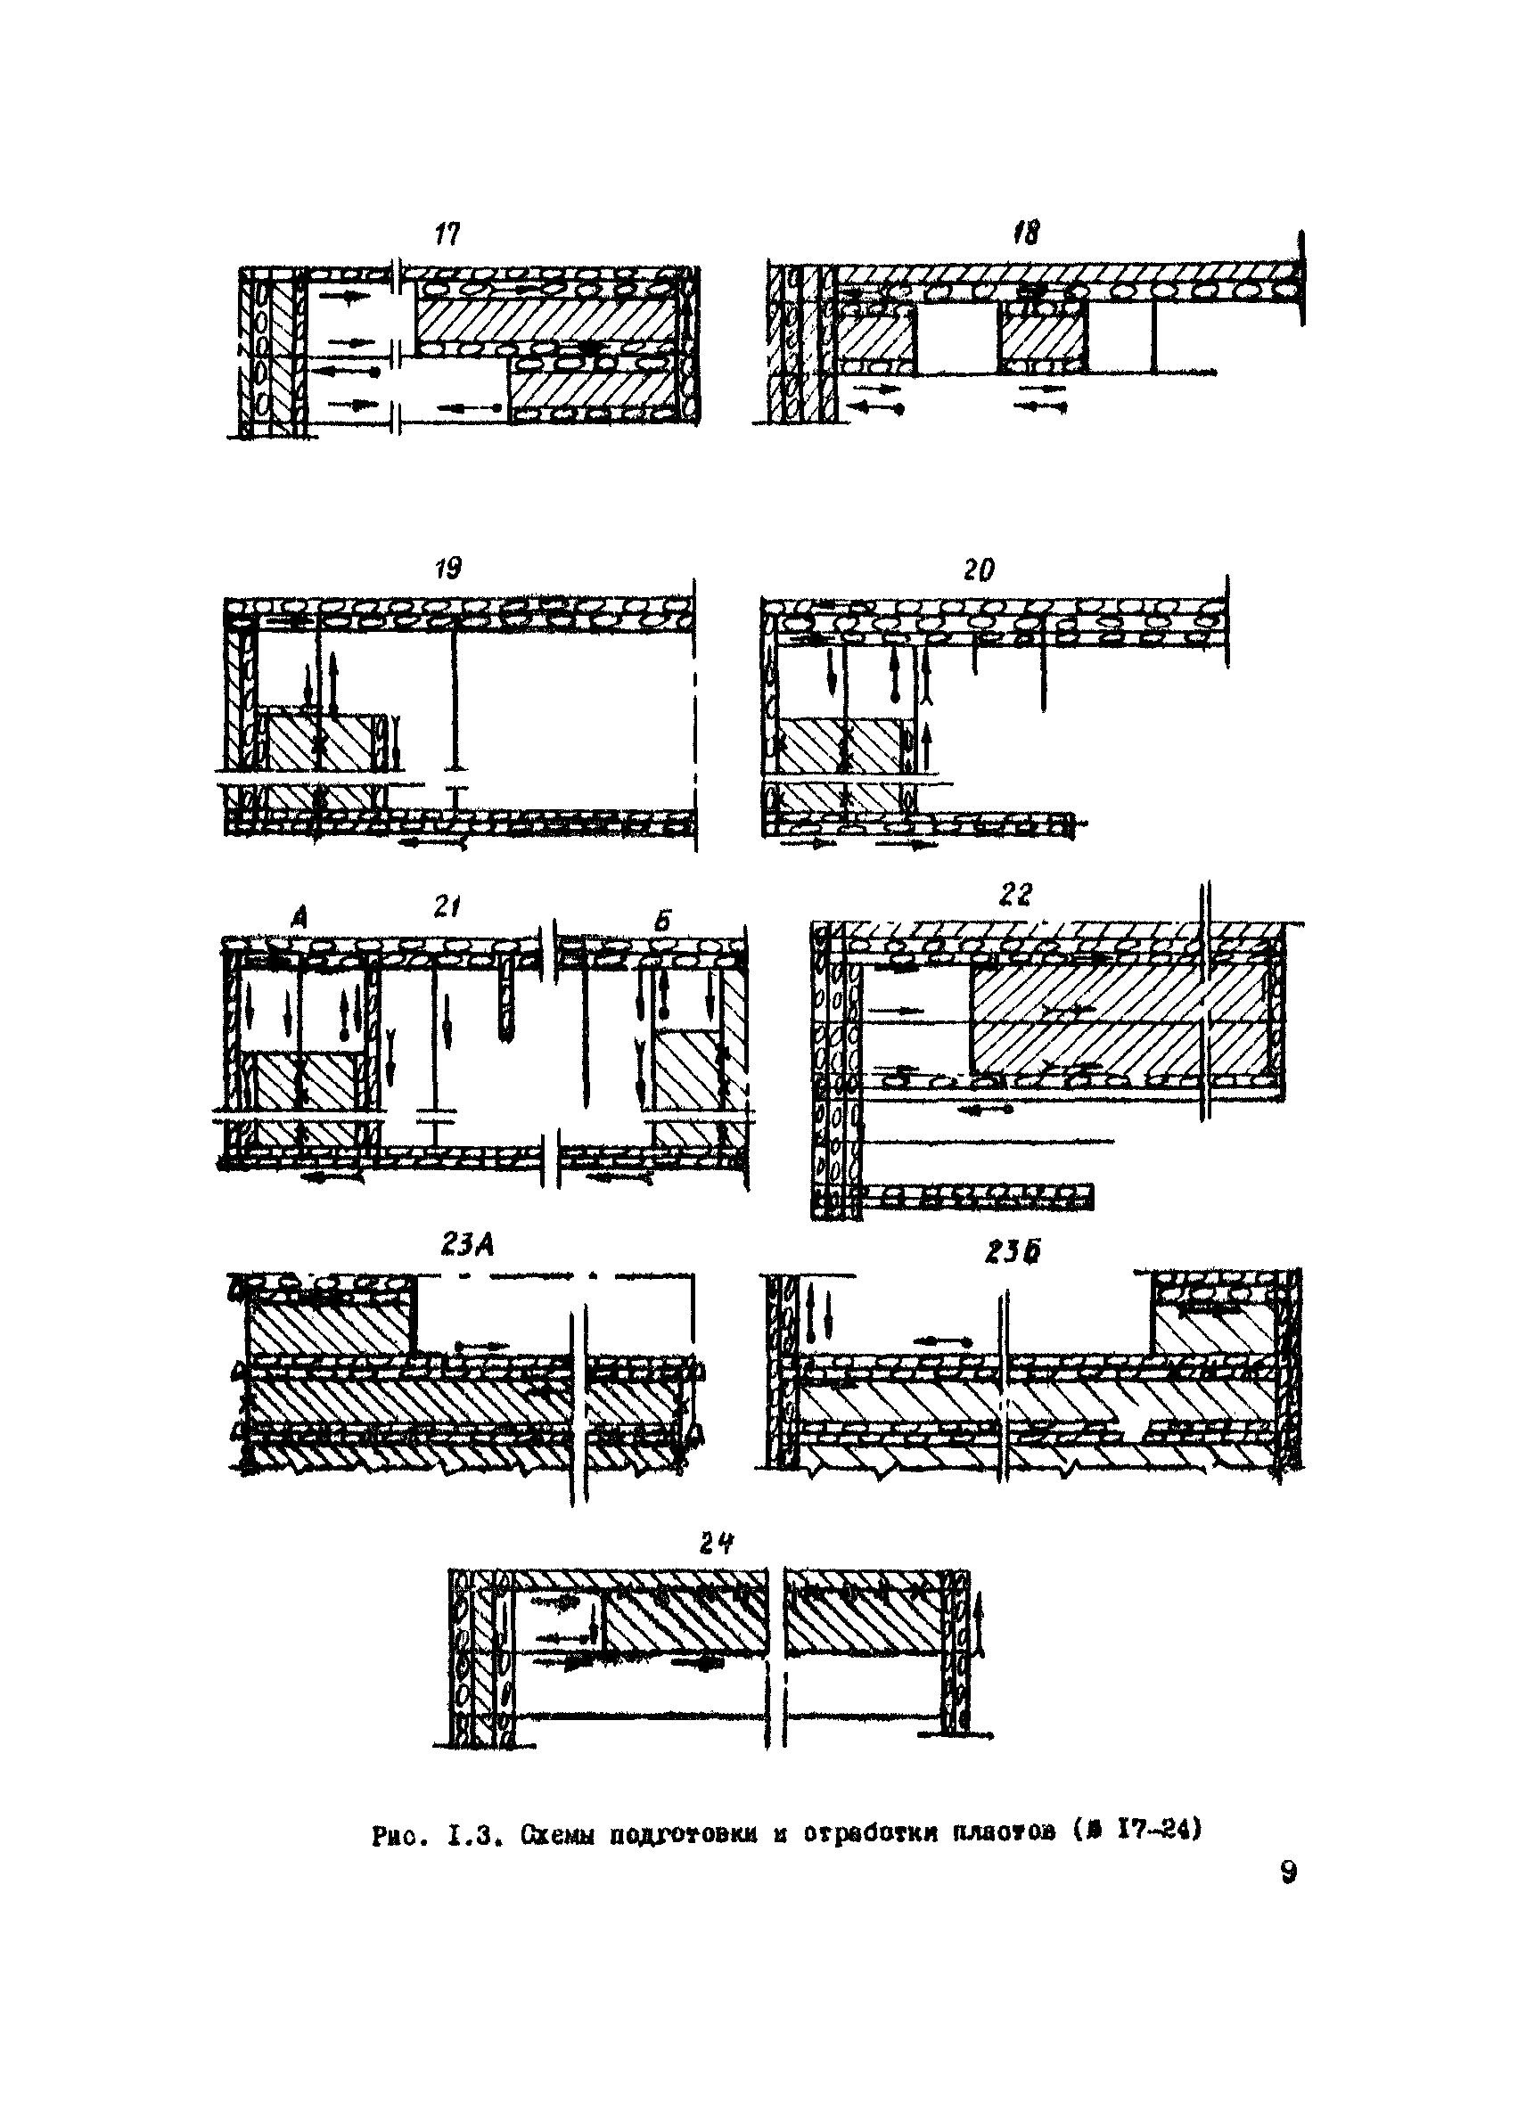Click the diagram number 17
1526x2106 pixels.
[447, 235]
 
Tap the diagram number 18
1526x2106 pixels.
[1026, 231]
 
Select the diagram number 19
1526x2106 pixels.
[448, 569]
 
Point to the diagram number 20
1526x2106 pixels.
[978, 570]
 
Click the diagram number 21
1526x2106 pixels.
[447, 906]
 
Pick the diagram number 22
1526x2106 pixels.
[1015, 894]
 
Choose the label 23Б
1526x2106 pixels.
[1013, 1251]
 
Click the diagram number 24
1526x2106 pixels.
[716, 1544]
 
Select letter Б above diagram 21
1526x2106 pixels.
[662, 922]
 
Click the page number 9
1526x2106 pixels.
[1287, 1872]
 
